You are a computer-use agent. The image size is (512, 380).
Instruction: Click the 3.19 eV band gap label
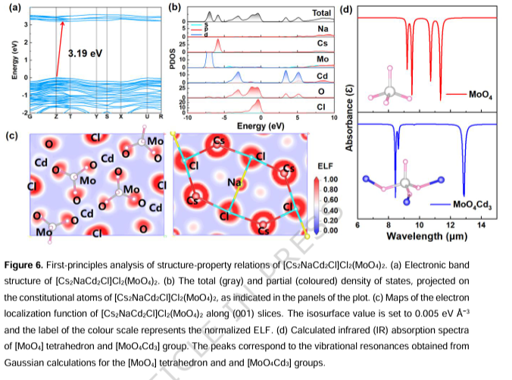[84, 55]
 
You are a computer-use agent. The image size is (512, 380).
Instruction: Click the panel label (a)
[12, 8]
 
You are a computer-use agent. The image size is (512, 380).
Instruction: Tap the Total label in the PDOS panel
[322, 13]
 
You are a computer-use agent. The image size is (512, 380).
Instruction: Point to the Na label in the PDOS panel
[323, 29]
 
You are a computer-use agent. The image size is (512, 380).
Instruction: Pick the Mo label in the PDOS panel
[323, 59]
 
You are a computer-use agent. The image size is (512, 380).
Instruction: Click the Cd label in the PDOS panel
[323, 76]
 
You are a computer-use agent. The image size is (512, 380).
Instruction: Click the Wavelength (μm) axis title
[423, 236]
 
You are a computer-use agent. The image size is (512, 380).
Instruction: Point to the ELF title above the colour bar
[315, 165]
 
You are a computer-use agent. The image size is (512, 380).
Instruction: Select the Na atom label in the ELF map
[234, 182]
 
